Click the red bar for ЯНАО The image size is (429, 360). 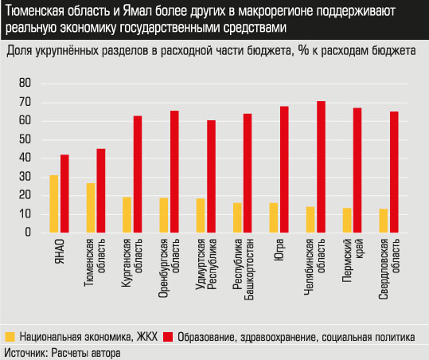[x=64, y=194]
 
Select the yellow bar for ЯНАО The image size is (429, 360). [x=54, y=204]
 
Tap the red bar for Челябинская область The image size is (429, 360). [x=322, y=166]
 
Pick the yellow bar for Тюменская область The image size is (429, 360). [x=91, y=208]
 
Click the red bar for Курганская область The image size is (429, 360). [x=138, y=174]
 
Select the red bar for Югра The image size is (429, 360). [x=284, y=169]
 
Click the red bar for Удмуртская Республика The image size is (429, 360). [x=211, y=176]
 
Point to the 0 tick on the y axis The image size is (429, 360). [x=26, y=233]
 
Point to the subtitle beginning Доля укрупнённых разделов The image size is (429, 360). [x=210, y=51]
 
